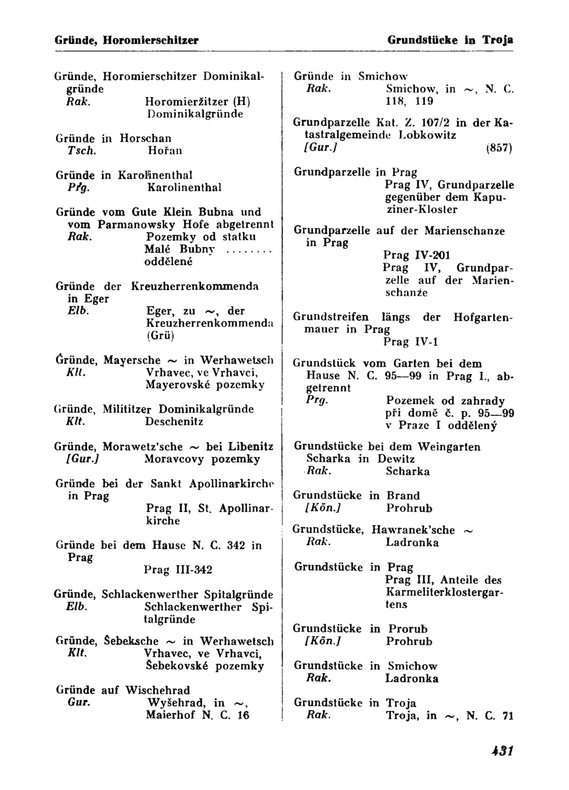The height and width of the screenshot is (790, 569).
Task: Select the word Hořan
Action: [x=161, y=151]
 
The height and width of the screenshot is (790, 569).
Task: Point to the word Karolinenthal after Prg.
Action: [x=183, y=187]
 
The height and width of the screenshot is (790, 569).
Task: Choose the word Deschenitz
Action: [x=174, y=422]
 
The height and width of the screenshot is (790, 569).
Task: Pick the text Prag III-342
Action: [x=178, y=570]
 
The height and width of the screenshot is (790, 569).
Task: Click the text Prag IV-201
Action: [x=417, y=256]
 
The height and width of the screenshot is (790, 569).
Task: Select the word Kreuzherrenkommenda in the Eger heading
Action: [x=194, y=286]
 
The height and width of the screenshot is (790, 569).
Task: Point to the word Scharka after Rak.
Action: [x=407, y=472]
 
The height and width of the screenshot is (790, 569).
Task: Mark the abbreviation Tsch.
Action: [x=81, y=151]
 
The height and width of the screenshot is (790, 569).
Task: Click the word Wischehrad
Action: [x=158, y=690]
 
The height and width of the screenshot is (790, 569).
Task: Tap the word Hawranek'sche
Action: [x=413, y=530]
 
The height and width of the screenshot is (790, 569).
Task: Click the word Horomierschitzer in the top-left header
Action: [x=151, y=40]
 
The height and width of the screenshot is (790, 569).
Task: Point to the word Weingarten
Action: [x=449, y=447]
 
